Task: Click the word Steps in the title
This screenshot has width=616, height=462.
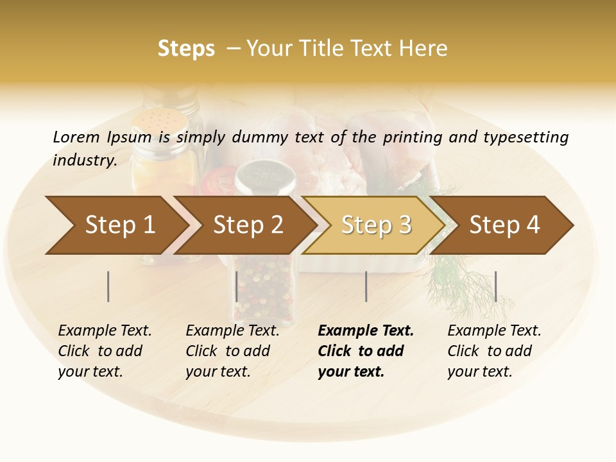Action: click(186, 49)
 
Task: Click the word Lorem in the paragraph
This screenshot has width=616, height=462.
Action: click(76, 137)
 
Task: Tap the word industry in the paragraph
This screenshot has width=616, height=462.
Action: click(84, 160)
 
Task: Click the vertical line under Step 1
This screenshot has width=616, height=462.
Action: click(108, 286)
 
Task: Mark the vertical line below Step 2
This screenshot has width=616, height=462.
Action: click(237, 286)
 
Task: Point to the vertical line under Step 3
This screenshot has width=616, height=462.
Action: click(366, 286)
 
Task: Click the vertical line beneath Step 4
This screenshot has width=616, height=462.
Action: click(495, 286)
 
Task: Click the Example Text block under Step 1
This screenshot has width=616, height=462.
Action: click(105, 351)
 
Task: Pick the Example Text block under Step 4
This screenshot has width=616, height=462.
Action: click(494, 351)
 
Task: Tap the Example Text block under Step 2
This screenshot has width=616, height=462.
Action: click(232, 351)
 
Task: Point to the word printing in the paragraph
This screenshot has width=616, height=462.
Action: click(414, 137)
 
